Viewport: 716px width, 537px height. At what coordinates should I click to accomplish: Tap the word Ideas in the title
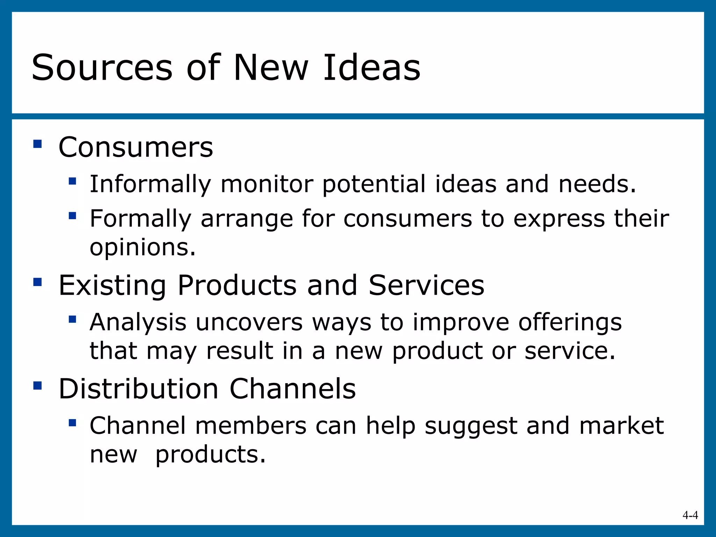pos(372,68)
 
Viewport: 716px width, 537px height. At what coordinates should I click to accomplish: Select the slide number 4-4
pos(690,515)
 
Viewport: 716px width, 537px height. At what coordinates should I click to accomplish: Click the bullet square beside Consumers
pos(37,144)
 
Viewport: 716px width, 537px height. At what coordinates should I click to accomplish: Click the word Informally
pos(150,185)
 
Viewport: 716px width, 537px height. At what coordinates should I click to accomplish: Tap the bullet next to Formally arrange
pos(72,216)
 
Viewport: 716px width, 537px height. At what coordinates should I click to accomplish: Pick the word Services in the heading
pos(426,286)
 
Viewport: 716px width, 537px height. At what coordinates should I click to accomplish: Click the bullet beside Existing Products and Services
pos(37,282)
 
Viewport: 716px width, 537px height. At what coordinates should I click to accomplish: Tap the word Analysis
pos(138,323)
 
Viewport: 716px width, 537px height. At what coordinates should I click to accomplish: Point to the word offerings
pos(570,323)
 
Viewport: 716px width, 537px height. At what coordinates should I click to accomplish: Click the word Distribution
pos(138,389)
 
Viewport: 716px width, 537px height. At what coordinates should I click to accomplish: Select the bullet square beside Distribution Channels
pos(37,386)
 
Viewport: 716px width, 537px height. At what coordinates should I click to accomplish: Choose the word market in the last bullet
pos(621,426)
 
